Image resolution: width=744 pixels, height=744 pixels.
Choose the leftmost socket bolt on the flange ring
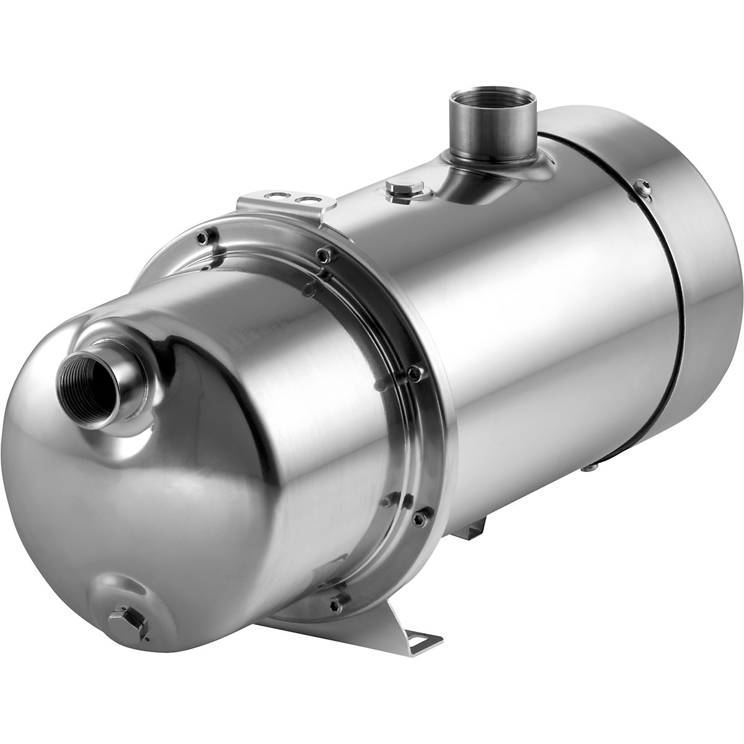pyautogui.click(x=201, y=236)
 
